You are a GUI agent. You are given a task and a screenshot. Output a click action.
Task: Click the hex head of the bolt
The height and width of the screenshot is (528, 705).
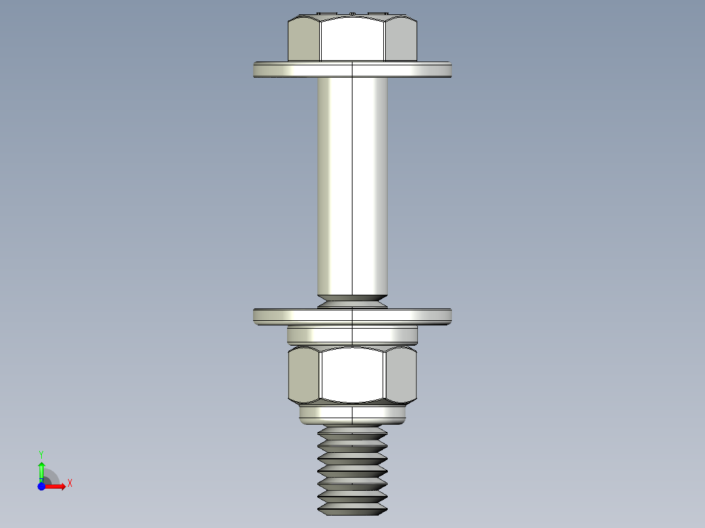coord(352,39)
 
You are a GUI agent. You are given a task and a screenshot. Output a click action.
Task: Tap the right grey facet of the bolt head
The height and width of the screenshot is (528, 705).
coord(401,41)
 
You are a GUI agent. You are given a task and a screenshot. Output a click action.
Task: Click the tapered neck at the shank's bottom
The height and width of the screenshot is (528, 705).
coord(352,301)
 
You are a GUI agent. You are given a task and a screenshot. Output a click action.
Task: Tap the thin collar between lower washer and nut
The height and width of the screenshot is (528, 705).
coord(352,335)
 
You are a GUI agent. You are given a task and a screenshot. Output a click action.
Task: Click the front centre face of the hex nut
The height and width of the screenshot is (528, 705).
coord(352,374)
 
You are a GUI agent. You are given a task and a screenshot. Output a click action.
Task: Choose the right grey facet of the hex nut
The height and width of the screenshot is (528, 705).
coord(401,375)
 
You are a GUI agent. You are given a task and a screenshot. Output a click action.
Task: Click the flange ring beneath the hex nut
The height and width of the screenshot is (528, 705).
coord(352,414)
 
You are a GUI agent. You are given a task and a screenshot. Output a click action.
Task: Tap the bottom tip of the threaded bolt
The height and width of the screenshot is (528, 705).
coord(352,509)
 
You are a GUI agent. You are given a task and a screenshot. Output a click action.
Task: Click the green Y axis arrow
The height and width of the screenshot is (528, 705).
coord(41,469)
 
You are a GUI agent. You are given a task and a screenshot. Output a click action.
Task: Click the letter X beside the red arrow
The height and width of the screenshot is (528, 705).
coord(70,484)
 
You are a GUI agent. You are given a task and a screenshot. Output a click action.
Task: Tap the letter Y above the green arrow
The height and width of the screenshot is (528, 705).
coord(41,454)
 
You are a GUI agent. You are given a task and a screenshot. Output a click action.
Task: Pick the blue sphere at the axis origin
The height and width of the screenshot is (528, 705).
coord(42,486)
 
